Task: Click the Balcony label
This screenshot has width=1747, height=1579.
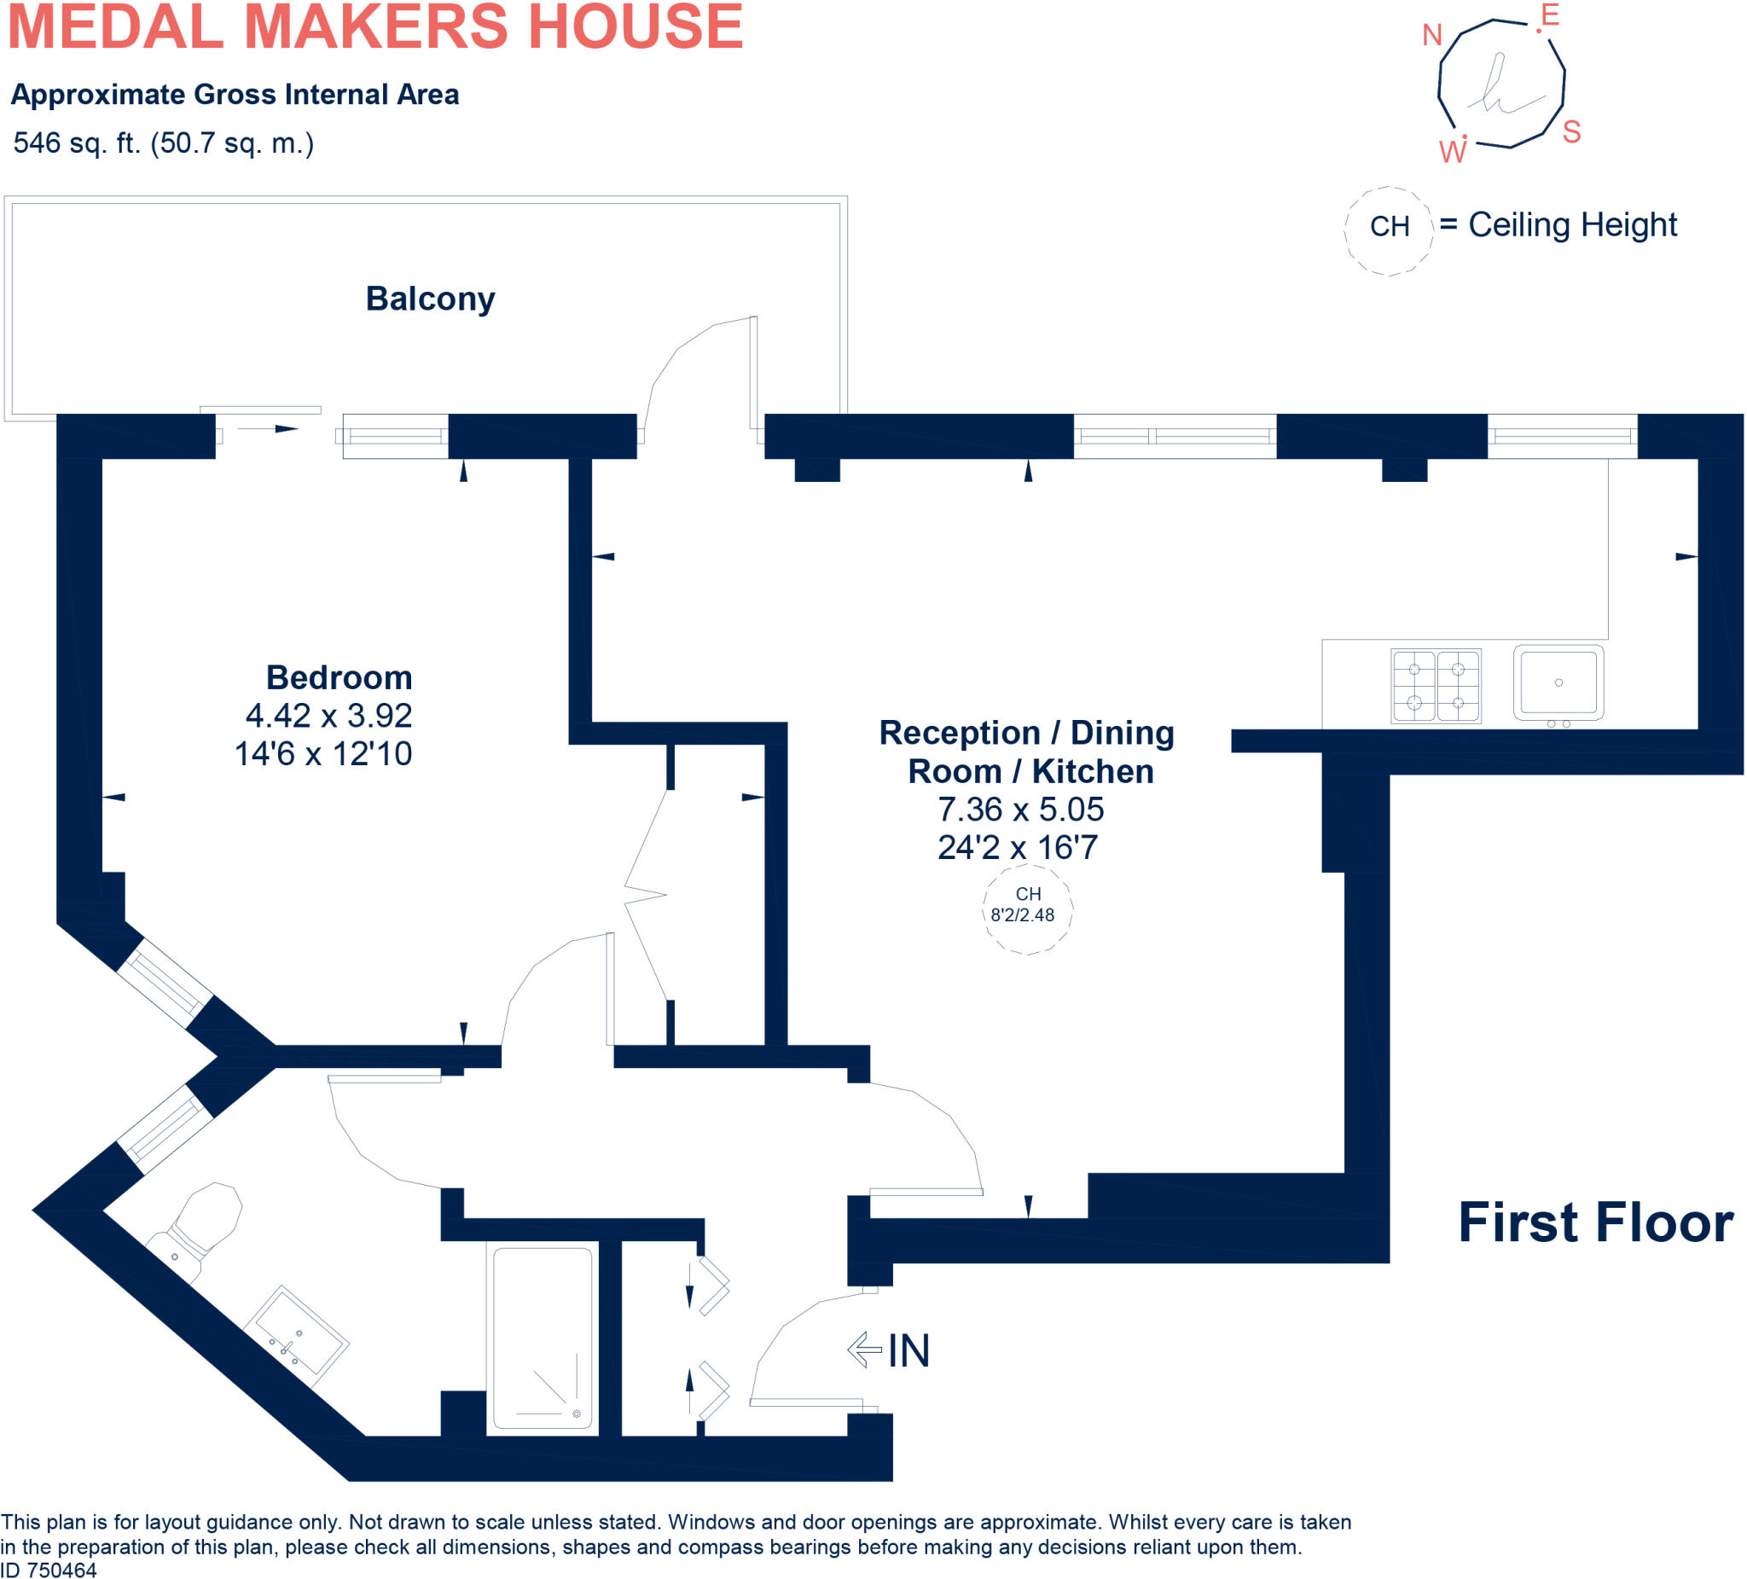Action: coord(430,299)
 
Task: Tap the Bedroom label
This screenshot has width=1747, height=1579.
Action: coord(339,677)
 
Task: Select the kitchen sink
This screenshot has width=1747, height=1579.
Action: coord(1558,683)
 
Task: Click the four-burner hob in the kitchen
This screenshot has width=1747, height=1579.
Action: coord(1436,686)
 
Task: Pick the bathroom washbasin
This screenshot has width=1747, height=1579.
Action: coord(296,1336)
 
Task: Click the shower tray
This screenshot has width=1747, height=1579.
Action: coord(543,1338)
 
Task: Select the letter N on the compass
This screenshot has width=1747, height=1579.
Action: coord(1431,36)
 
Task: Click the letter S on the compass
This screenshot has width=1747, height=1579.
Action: coord(1571,132)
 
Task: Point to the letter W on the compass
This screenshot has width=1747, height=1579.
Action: coord(1453,153)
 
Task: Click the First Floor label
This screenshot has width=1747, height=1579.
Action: coord(1595,1222)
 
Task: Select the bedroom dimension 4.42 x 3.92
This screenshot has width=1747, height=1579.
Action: coord(328,716)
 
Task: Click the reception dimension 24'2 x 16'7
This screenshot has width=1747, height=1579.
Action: coord(1018,847)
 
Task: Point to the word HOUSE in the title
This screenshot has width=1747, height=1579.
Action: coord(636,26)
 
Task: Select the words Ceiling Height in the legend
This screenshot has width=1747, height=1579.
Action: coord(1572,225)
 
